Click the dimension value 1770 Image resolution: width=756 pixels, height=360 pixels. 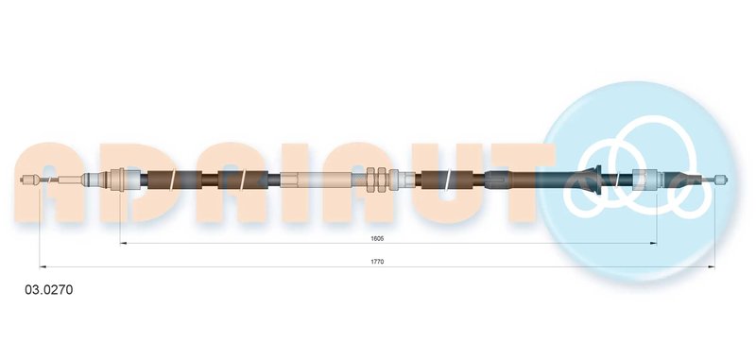[376, 262]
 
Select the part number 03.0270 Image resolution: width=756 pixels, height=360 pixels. [49, 290]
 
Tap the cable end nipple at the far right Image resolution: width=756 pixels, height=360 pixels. [720, 180]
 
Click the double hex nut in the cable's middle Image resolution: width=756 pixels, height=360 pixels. [376, 180]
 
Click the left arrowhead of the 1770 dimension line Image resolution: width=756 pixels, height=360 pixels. [43, 266]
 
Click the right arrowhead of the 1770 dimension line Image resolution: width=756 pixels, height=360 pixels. [712, 266]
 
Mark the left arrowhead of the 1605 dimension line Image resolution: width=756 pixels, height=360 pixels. [124, 244]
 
